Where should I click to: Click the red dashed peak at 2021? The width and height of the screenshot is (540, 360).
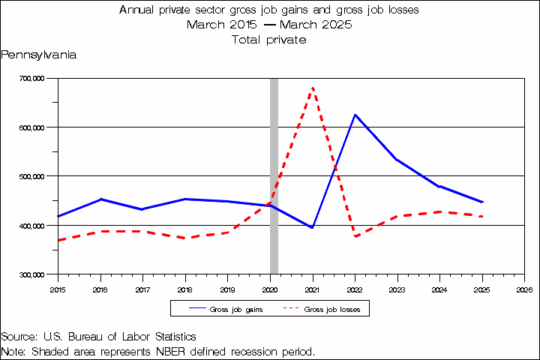click(312, 88)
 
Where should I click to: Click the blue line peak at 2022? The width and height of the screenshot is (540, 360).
click(355, 115)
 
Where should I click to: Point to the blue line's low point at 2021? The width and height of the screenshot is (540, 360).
click(312, 227)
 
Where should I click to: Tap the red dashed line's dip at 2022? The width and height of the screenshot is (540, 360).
click(355, 237)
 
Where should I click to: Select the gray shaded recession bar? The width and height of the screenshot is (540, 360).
click(274, 175)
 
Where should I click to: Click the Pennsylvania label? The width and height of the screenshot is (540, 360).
click(39, 55)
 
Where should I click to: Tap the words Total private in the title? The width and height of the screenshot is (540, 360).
click(269, 40)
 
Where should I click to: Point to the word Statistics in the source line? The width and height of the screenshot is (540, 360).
click(170, 337)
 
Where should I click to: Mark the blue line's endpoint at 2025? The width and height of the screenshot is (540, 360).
click(482, 202)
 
